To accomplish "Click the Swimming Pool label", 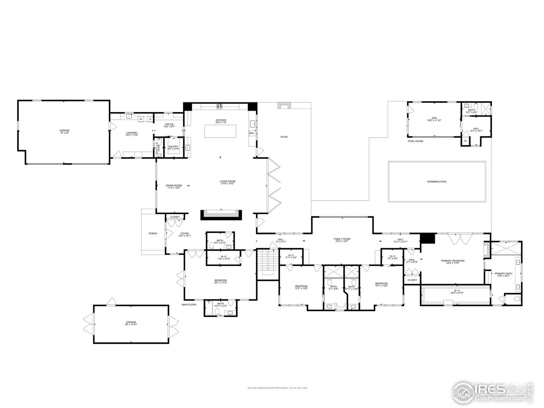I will pyautogui.click(x=437, y=181).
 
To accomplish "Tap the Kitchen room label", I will pyautogui.click(x=221, y=122).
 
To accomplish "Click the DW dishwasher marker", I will pyautogui.click(x=251, y=133).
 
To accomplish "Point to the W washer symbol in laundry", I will pyautogui.click(x=141, y=119).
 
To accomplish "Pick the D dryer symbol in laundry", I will pyautogui.click(x=150, y=119).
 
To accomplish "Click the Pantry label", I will pyautogui.click(x=173, y=147).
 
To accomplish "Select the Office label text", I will pyautogui.click(x=170, y=125).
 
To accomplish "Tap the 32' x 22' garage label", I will pyautogui.click(x=64, y=131).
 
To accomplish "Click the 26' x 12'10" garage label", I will pyautogui.click(x=131, y=323).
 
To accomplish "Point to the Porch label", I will pyautogui.click(x=153, y=233).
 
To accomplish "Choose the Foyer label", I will pyautogui.click(x=184, y=234).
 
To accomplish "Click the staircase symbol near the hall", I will pyautogui.click(x=267, y=262).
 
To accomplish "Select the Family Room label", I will pyautogui.click(x=342, y=240).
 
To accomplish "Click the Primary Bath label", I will pyautogui.click(x=503, y=275).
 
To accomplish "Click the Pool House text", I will pyautogui.click(x=415, y=141).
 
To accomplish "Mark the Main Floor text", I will pyautogui.click(x=189, y=304).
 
